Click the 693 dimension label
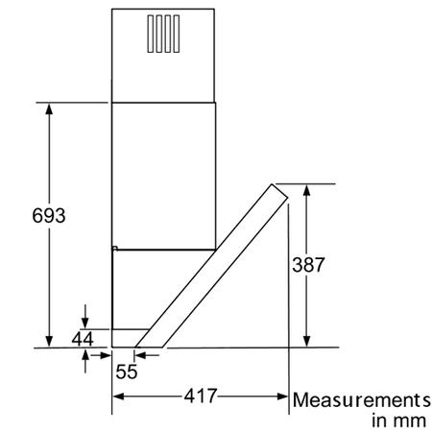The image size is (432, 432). [x=49, y=215]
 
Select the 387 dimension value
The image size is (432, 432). [x=308, y=265]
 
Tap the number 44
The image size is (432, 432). [x=83, y=339]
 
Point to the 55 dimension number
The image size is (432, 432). [x=127, y=372]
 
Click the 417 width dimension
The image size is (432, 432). [x=201, y=396]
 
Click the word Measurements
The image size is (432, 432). [x=362, y=400]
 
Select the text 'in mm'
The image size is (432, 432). [x=398, y=420]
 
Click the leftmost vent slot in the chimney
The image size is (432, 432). [x=151, y=34]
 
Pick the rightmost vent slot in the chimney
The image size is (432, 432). [x=177, y=34]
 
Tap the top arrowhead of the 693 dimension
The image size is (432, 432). [x=49, y=108]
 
